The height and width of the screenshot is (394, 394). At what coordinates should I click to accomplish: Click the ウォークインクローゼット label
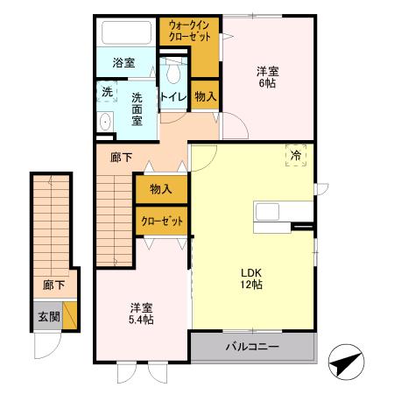[x=189, y=32]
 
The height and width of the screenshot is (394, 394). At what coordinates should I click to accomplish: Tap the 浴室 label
[x=123, y=63]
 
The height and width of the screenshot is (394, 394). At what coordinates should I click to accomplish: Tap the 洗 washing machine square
[x=107, y=91]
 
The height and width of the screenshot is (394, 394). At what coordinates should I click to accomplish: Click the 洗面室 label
[x=137, y=109]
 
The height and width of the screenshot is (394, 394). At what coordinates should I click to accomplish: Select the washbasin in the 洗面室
[x=106, y=121]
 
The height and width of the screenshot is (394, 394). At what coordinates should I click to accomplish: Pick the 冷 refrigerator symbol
[x=296, y=155]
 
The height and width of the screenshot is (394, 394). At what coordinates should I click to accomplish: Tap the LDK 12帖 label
[x=253, y=278]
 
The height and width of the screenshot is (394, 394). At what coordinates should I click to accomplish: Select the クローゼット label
[x=161, y=222]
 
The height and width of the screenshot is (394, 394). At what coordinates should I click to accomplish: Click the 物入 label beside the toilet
[x=206, y=96]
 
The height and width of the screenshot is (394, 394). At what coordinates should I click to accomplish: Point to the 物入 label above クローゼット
[x=160, y=188]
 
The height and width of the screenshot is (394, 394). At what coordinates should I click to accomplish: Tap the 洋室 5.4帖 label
[x=142, y=313]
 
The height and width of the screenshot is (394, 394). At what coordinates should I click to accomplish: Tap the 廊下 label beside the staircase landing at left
[x=53, y=285]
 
